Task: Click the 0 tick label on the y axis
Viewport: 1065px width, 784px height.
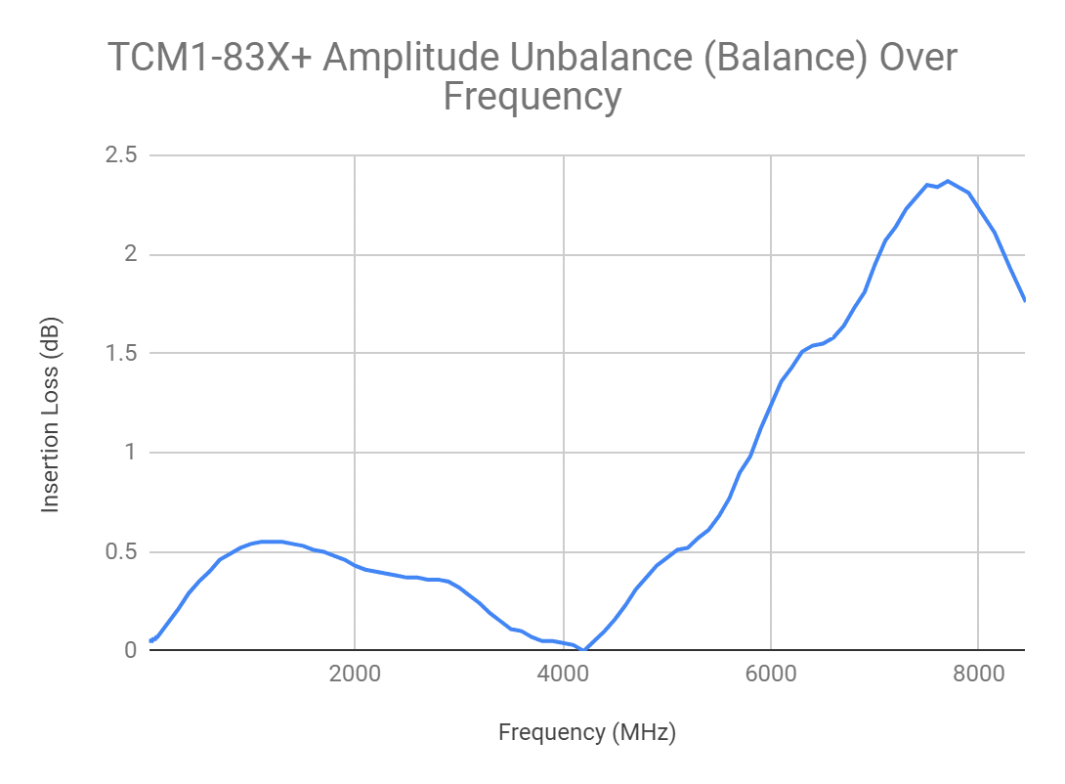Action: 129,650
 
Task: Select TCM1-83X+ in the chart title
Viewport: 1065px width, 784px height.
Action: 208,59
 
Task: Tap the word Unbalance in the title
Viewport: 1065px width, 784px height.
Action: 597,59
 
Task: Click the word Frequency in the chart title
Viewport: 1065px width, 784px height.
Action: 532,97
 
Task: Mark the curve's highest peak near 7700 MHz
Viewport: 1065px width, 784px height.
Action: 948,181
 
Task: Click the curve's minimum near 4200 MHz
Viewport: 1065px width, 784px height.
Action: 583,649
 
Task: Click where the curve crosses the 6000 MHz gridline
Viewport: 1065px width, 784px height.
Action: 771,405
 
